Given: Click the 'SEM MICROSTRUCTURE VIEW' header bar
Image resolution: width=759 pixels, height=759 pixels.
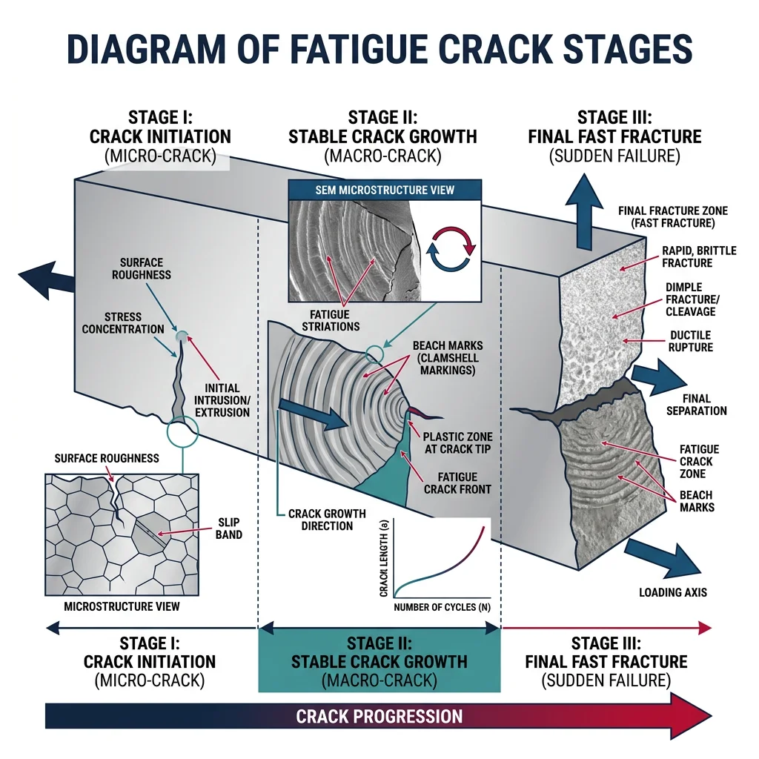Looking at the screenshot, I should click(384, 190).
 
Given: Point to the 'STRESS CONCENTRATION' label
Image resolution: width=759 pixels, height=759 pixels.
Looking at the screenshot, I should click(124, 322).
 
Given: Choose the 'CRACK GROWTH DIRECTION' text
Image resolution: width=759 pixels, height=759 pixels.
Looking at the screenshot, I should click(320, 520).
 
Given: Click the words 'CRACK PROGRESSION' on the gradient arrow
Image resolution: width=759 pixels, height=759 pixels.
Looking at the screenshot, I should click(379, 717).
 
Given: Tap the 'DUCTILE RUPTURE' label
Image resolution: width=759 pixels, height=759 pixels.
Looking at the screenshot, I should click(690, 341).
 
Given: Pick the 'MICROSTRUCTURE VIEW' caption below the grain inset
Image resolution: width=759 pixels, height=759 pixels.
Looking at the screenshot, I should click(122, 606).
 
